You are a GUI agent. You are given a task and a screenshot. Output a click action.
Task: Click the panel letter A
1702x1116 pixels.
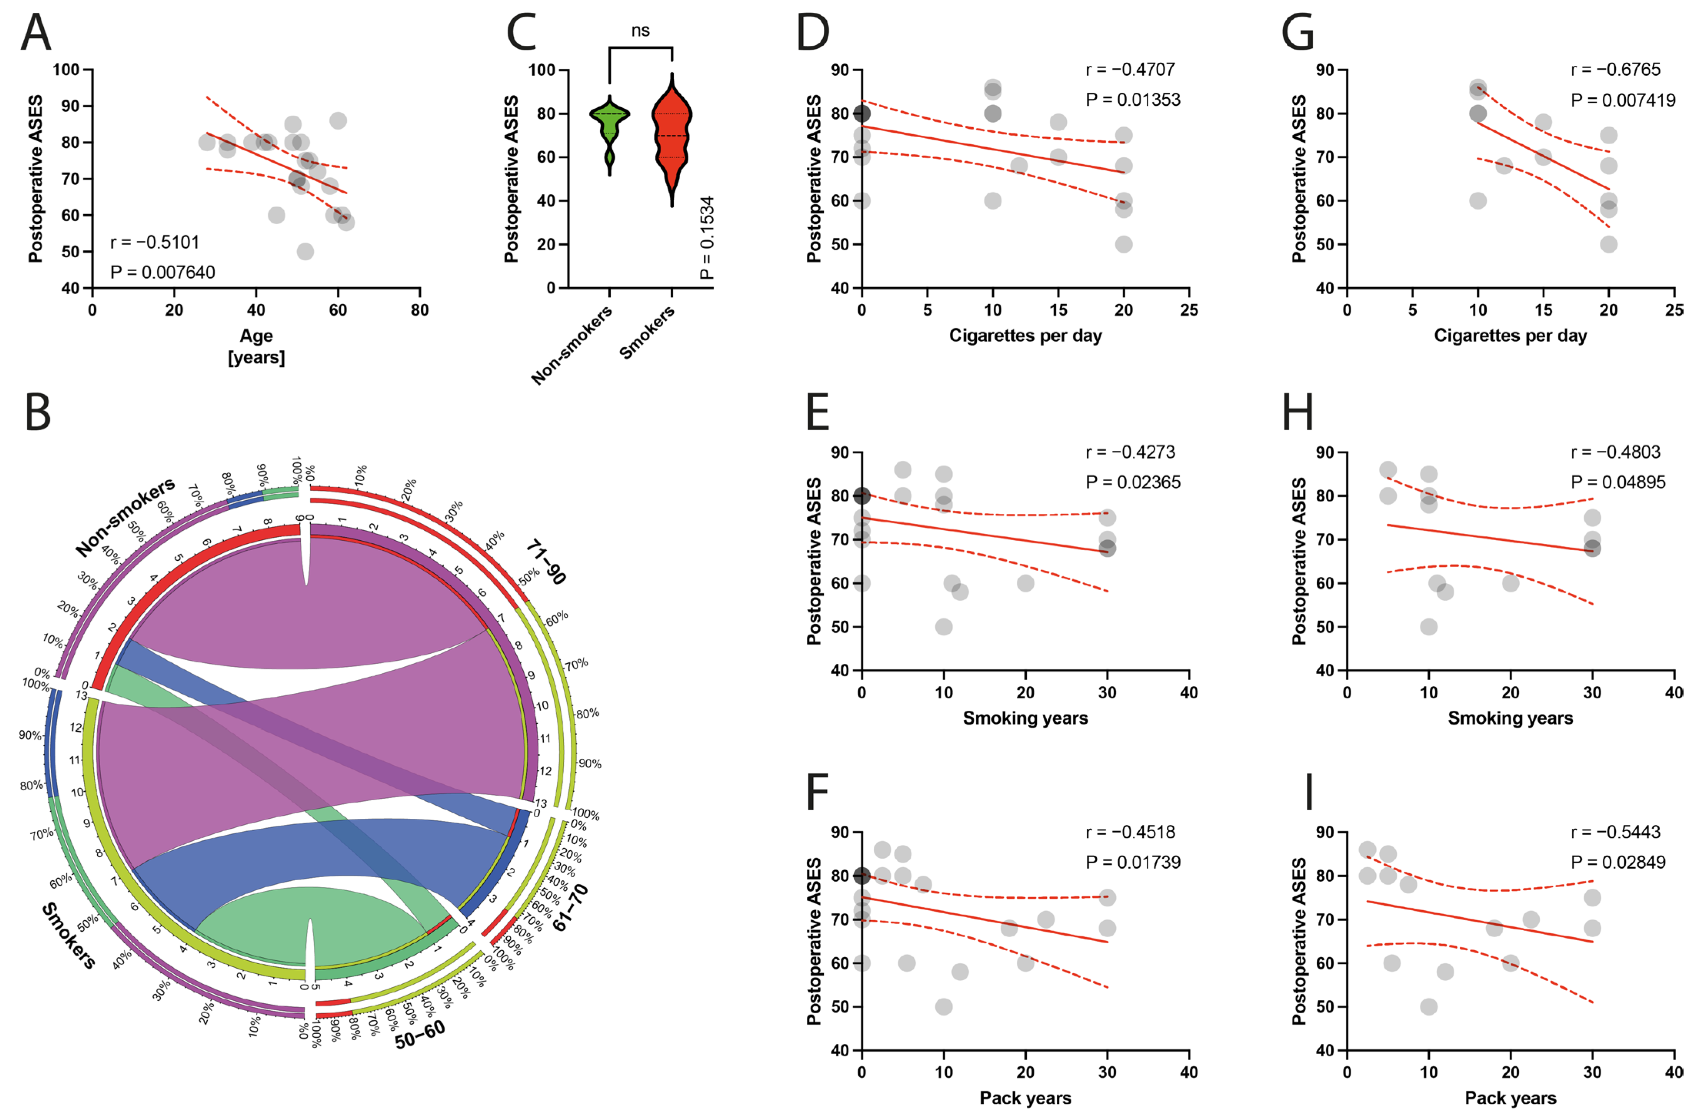[x=36, y=33]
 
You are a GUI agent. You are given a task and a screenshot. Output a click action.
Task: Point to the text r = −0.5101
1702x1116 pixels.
[x=155, y=243]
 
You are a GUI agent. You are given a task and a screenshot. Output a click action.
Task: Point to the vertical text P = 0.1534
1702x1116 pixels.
[x=706, y=238]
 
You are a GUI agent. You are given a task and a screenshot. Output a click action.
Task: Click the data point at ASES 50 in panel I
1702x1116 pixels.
[x=1428, y=1006]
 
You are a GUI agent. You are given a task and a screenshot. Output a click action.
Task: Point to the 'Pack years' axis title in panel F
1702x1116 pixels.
[x=1025, y=1098]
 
